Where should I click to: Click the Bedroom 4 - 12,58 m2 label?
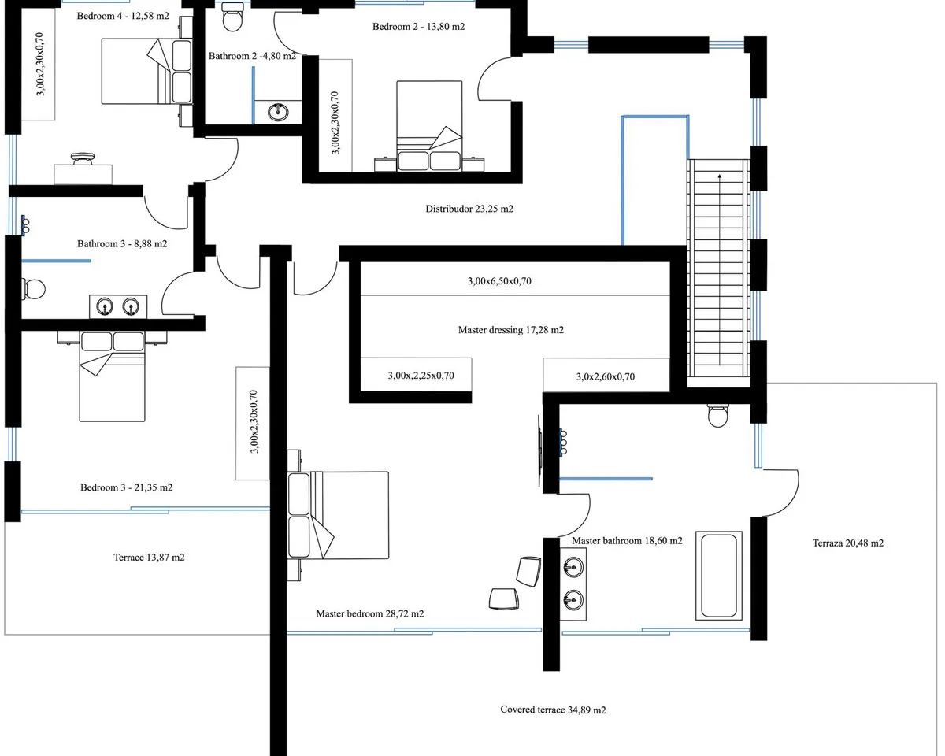[123, 17]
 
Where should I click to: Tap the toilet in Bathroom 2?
[233, 17]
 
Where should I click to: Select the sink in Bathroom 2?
[278, 112]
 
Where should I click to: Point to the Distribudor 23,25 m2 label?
[469, 209]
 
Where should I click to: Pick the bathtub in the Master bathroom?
[719, 576]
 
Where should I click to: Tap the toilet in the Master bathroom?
[718, 416]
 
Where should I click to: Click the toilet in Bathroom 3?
[34, 289]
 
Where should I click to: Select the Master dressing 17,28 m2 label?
[511, 330]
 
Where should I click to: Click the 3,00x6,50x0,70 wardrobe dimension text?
[499, 281]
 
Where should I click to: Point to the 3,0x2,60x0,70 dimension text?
[605, 376]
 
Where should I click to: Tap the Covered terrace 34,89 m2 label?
[553, 710]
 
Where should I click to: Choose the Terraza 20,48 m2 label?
[848, 543]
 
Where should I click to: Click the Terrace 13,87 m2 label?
[149, 558]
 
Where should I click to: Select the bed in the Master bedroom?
[338, 515]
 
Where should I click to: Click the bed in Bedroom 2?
[429, 126]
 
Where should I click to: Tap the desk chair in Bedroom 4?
[83, 158]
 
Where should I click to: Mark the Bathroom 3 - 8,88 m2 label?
[122, 244]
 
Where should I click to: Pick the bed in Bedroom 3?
[112, 376]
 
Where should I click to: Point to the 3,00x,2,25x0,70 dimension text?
[421, 376]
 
